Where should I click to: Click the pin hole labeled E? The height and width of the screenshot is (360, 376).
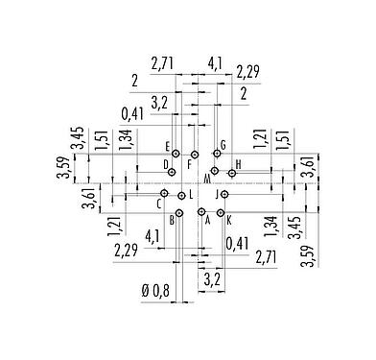click(x=173, y=154)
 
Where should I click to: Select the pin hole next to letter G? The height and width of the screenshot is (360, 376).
click(x=217, y=154)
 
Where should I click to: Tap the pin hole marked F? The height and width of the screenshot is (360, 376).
click(x=195, y=154)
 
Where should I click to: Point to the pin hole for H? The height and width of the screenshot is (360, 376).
click(x=231, y=174)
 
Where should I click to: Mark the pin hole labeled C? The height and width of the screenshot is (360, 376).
click(x=165, y=194)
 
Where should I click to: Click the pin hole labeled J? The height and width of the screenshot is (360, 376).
click(x=223, y=194)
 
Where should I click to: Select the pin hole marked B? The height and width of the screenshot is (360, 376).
click(x=179, y=212)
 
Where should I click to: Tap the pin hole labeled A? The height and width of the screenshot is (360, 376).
click(x=200, y=212)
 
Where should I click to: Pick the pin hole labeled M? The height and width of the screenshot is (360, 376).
click(x=214, y=172)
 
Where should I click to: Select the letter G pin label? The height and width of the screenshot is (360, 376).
click(x=223, y=146)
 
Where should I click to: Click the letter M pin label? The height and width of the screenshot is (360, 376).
click(x=207, y=180)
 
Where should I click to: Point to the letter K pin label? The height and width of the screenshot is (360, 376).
click(x=229, y=220)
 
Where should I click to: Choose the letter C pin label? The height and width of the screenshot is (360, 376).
click(x=158, y=204)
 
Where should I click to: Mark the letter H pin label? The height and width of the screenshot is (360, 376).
click(x=238, y=165)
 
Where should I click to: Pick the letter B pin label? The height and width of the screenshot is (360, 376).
click(x=172, y=220)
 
